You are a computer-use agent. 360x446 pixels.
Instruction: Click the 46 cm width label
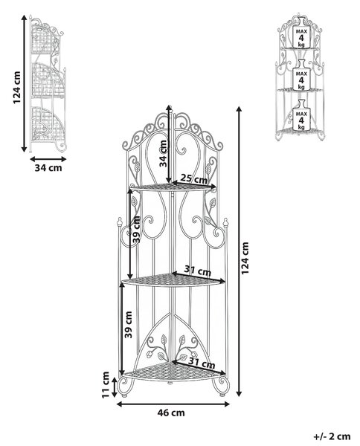tap(171, 413)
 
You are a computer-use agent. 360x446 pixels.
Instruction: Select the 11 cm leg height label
tap(106, 385)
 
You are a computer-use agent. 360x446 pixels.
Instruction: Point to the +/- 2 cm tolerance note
tap(332, 436)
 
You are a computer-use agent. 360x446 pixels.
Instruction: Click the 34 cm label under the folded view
tap(48, 168)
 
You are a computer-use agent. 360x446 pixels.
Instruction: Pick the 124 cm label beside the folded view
tap(17, 88)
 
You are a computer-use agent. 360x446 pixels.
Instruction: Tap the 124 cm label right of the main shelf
tap(245, 258)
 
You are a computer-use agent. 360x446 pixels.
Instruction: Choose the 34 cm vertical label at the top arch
tap(163, 154)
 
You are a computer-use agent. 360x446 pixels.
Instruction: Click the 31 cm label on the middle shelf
tap(198, 271)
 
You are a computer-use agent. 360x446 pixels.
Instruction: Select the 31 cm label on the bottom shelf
tap(202, 363)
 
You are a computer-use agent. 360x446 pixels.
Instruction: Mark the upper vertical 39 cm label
tap(137, 229)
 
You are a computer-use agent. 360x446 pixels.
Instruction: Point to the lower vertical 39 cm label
tap(129, 325)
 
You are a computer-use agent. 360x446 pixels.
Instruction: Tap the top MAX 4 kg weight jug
tap(301, 33)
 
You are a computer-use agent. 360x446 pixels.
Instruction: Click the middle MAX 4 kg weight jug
tap(301, 75)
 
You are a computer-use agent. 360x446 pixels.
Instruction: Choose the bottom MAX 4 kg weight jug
tap(301, 115)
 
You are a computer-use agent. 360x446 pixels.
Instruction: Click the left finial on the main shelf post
tap(120, 222)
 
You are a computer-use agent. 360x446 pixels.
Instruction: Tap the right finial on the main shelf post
tap(225, 223)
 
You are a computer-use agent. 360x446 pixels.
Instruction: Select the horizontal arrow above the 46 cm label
tap(173, 404)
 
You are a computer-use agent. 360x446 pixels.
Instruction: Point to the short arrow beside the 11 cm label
tap(115, 387)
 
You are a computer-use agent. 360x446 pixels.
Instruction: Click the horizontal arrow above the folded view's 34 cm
tap(48, 159)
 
